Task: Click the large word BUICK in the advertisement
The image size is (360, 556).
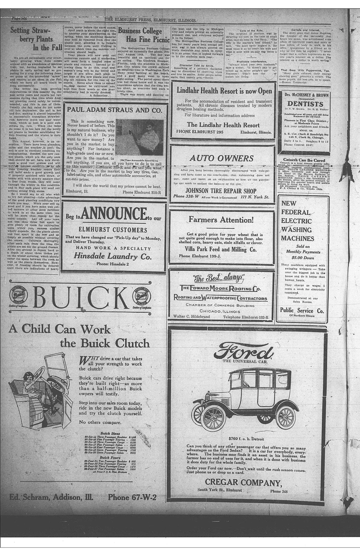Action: click(81, 298)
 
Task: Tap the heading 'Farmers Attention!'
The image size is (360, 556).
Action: click(221, 220)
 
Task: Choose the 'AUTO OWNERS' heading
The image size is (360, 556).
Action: click(222, 158)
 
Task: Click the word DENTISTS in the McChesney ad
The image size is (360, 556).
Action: click(305, 104)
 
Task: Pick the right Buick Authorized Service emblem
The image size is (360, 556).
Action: click(142, 297)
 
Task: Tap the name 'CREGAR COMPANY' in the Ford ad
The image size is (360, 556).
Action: click(243, 482)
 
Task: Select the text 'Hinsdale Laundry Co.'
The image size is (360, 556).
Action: click(112, 257)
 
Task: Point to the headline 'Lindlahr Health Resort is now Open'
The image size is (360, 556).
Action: click(224, 91)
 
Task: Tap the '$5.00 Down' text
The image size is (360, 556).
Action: click(303, 257)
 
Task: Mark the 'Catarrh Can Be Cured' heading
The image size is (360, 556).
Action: click(304, 160)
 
